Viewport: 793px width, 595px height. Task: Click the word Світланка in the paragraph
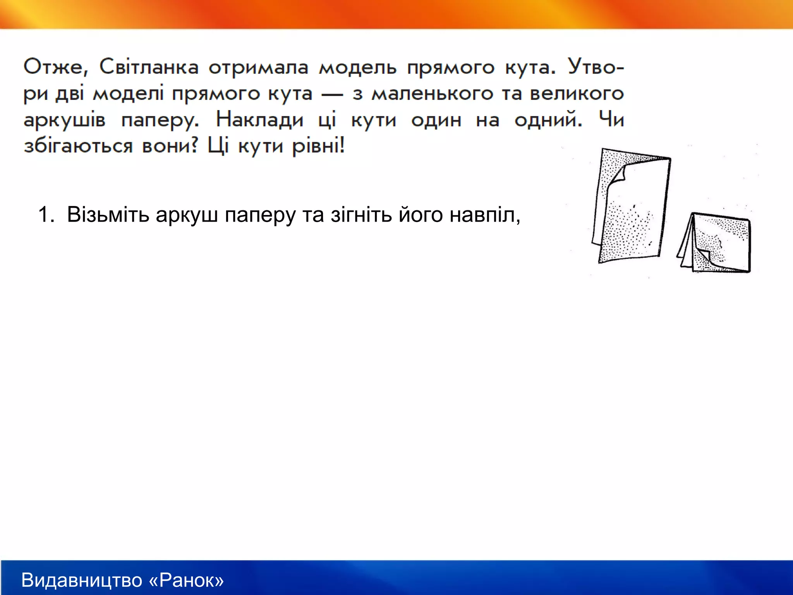pyautogui.click(x=149, y=67)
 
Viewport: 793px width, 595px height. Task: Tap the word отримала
pyautogui.click(x=258, y=68)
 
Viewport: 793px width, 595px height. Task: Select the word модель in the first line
pyautogui.click(x=358, y=68)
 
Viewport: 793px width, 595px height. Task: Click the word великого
pyautogui.click(x=577, y=93)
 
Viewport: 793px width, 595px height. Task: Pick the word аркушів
pyautogui.click(x=64, y=120)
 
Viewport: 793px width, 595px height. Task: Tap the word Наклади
pyautogui.click(x=260, y=119)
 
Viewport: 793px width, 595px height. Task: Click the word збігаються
pyautogui.click(x=78, y=146)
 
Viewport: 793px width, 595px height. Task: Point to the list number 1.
pyautogui.click(x=46, y=214)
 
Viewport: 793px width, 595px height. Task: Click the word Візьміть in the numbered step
pyautogui.click(x=108, y=214)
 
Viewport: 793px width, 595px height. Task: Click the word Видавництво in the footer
pyautogui.click(x=82, y=580)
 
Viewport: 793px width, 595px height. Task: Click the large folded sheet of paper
pyautogui.click(x=631, y=209)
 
